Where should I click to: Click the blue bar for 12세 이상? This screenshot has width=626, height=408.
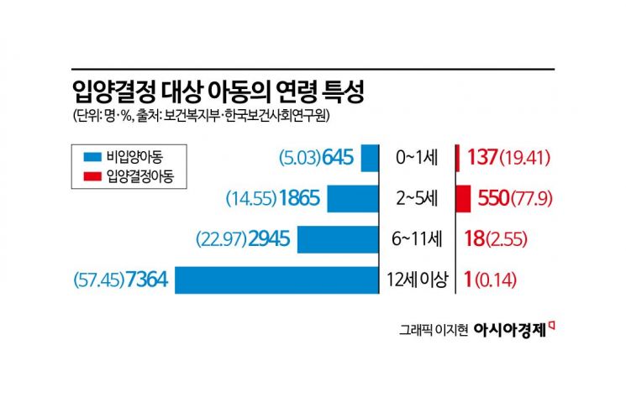276,280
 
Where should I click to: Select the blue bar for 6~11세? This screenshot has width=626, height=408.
338,239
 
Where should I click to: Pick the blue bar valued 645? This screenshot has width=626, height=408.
369,158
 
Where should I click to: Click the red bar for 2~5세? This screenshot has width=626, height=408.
462,199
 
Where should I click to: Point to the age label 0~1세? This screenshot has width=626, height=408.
416,158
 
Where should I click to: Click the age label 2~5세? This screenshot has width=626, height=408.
416,200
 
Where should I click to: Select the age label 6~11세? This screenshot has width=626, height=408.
416,239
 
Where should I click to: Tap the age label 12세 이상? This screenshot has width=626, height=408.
416,280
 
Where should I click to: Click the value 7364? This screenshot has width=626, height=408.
147,280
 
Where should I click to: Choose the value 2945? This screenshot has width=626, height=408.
269,239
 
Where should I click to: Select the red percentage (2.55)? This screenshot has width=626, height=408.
507,239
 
